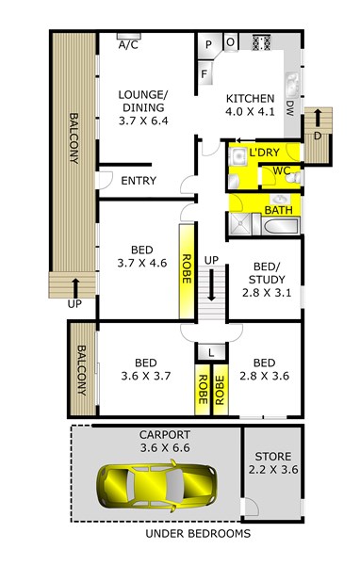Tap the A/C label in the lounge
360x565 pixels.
tap(126, 44)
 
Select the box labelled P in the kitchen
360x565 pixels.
tap(207, 44)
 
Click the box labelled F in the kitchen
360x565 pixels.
tap(204, 73)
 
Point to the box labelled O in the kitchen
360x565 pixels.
tap(231, 42)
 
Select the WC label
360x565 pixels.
tap(280, 171)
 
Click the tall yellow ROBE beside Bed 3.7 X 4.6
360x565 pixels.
tap(187, 270)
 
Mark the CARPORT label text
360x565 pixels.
tap(157, 434)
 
